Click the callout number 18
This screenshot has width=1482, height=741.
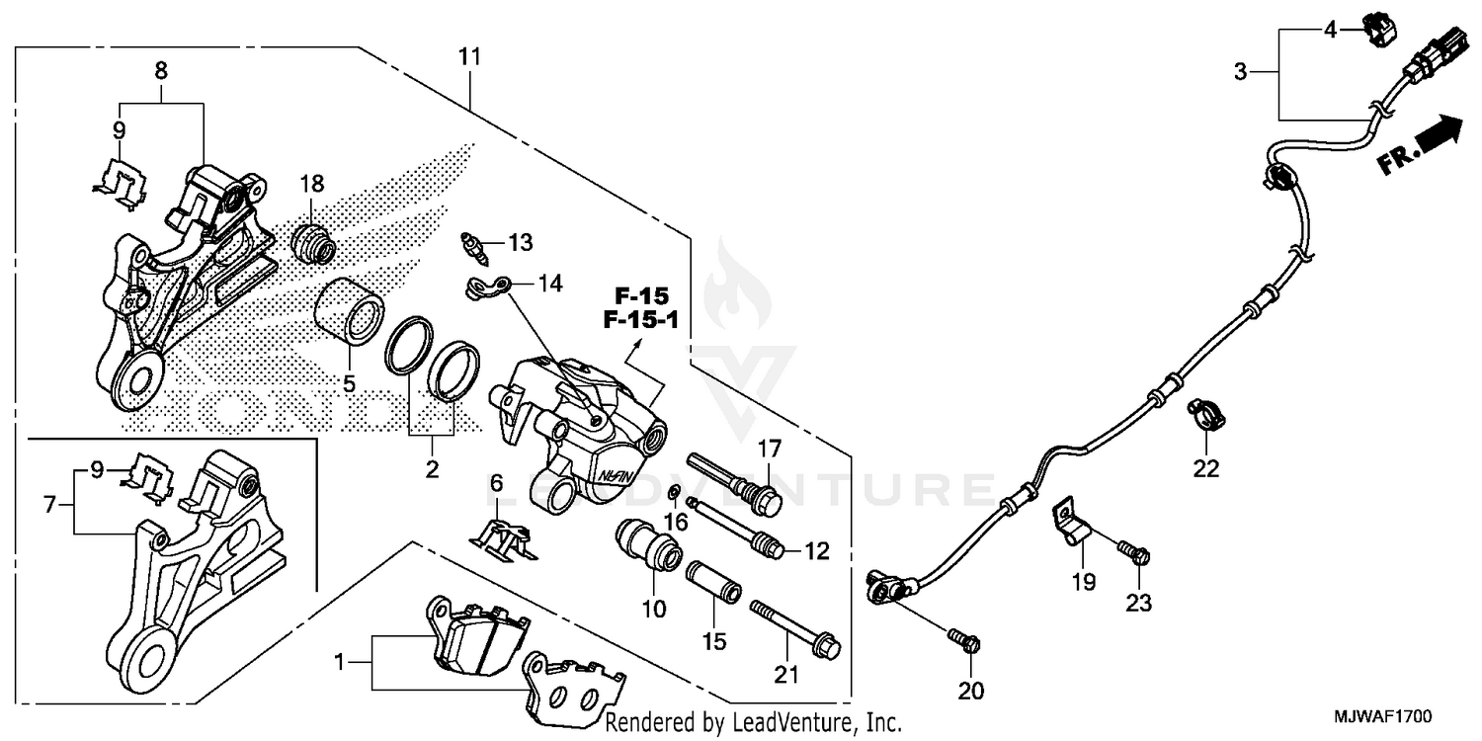tap(312, 184)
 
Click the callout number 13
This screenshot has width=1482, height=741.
tap(520, 242)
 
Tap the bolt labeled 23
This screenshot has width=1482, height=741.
tap(1133, 550)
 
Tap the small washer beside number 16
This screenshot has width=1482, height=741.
tap(673, 493)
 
